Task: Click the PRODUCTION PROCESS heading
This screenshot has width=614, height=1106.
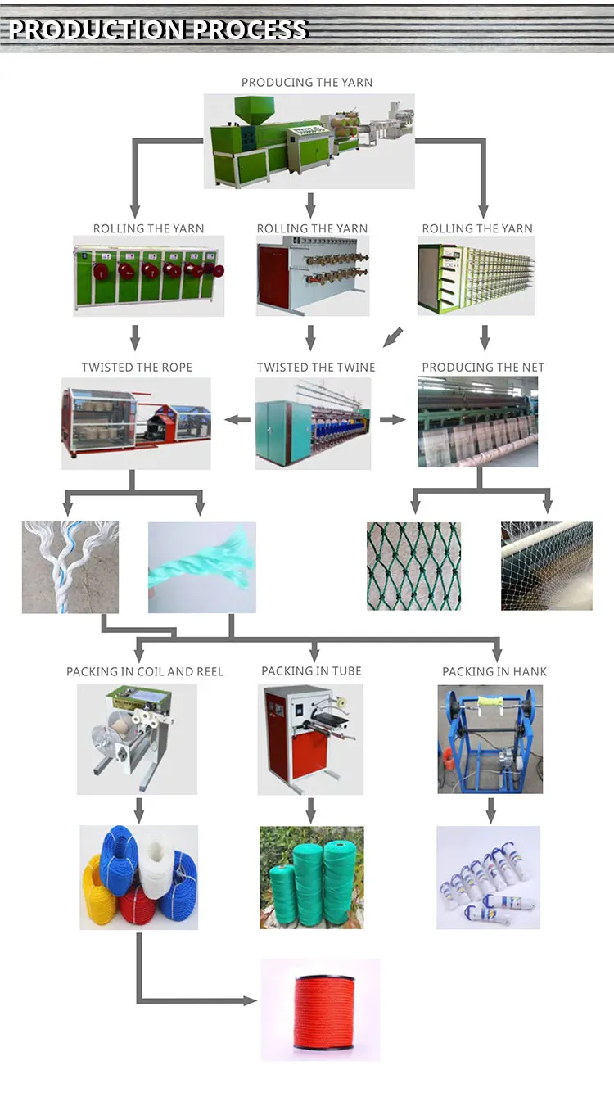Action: pyautogui.click(x=158, y=29)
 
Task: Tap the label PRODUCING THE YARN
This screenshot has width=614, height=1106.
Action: pyautogui.click(x=307, y=82)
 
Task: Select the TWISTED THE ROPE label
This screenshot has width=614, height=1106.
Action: pyautogui.click(x=137, y=367)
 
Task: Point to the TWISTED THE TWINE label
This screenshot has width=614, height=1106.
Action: pyautogui.click(x=316, y=367)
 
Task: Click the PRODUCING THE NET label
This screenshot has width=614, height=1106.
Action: pyautogui.click(x=483, y=367)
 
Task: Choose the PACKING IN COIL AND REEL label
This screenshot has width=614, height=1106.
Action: pyautogui.click(x=145, y=671)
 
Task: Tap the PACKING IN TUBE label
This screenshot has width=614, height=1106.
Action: pyautogui.click(x=311, y=670)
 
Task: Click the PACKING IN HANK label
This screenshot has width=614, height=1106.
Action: pyautogui.click(x=494, y=671)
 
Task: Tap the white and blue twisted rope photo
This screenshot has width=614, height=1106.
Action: pyautogui.click(x=70, y=567)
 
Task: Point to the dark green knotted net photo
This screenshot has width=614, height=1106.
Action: pyautogui.click(x=413, y=567)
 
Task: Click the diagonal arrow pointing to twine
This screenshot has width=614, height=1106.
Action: pyautogui.click(x=394, y=336)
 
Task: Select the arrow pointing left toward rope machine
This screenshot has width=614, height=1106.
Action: pyautogui.click(x=237, y=420)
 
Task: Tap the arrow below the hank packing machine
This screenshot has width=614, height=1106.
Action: pyautogui.click(x=491, y=810)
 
